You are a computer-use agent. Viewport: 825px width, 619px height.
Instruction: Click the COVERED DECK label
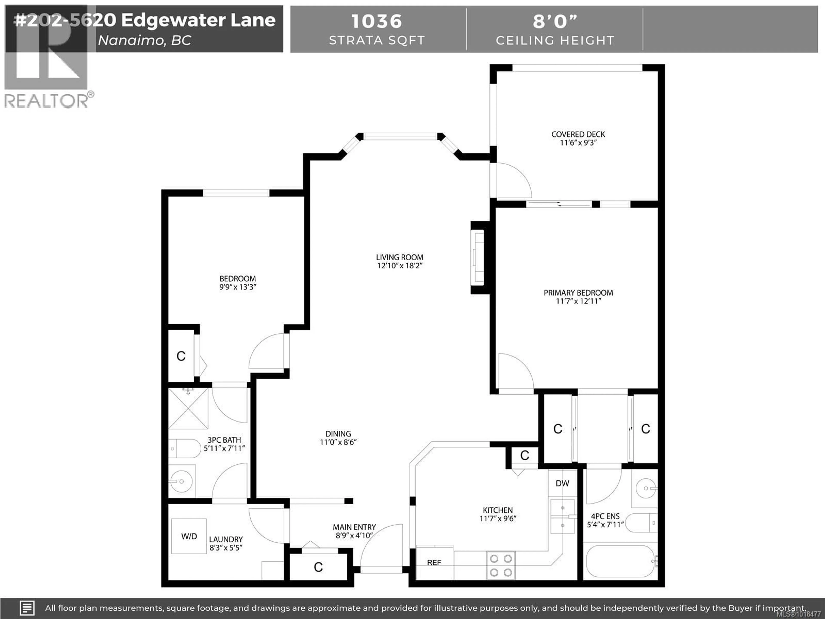tap(578, 134)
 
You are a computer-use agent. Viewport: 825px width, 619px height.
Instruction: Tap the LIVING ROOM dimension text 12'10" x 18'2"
tap(399, 266)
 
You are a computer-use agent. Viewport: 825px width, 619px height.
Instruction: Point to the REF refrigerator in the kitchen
tap(434, 562)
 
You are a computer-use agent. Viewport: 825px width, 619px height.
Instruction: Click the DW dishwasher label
tap(562, 484)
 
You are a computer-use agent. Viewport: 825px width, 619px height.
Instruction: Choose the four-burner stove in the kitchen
tap(501, 565)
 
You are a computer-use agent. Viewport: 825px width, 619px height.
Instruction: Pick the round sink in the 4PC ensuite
tap(646, 488)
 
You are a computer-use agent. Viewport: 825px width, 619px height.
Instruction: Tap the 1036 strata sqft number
tap(377, 21)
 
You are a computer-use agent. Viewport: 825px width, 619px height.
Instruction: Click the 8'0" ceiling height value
tap(555, 21)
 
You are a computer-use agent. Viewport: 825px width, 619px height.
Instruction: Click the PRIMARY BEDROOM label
tap(578, 293)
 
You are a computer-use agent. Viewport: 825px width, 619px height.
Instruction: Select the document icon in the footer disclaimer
tap(27, 608)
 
